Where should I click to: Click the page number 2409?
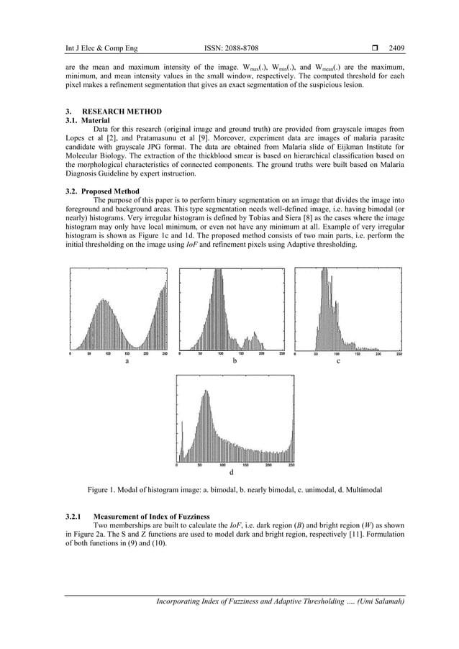396,49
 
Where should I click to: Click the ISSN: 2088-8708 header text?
229,49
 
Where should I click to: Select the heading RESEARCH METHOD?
122,112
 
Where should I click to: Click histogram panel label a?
127,361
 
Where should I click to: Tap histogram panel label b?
234,361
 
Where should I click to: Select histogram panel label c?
338,361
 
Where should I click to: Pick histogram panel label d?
231,473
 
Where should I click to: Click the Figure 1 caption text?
235,490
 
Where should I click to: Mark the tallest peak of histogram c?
325,271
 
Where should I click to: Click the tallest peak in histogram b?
215,271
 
